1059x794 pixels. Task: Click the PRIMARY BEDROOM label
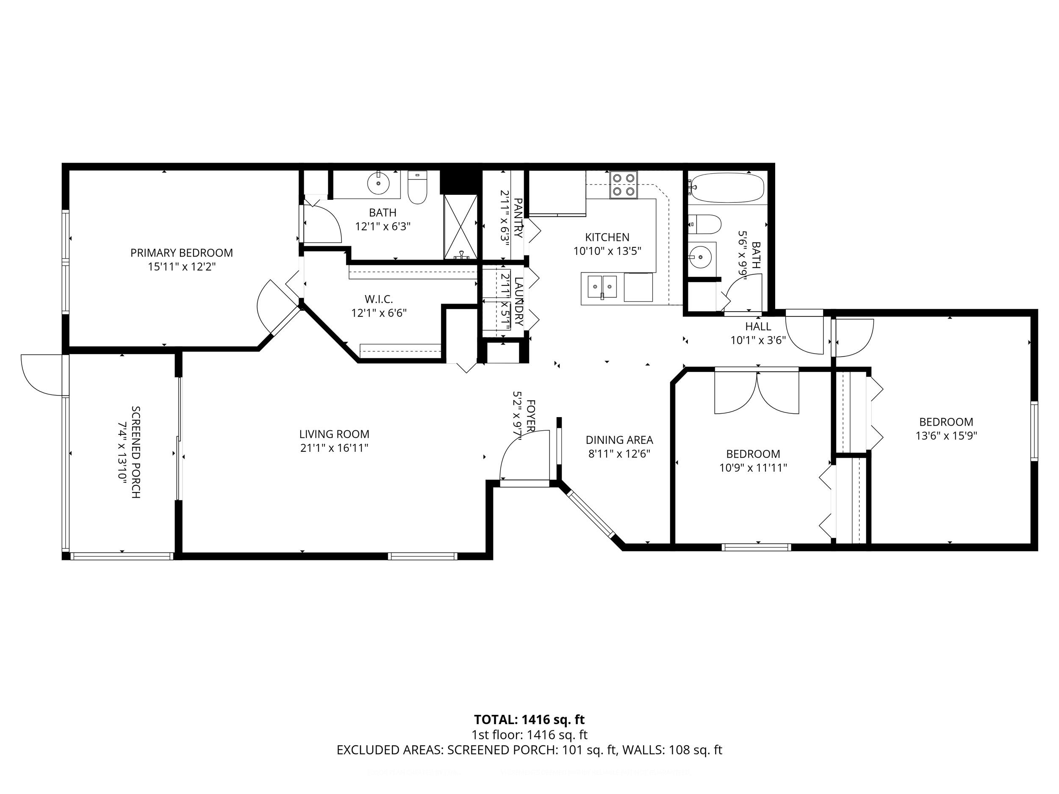(181, 253)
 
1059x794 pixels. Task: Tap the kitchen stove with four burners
(624, 185)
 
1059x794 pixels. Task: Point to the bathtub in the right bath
(728, 188)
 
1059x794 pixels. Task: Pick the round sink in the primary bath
(378, 183)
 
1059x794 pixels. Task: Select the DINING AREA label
(619, 440)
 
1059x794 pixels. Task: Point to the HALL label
(758, 326)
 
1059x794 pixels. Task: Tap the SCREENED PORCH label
(136, 452)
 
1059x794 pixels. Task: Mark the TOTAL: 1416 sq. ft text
(529, 719)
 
